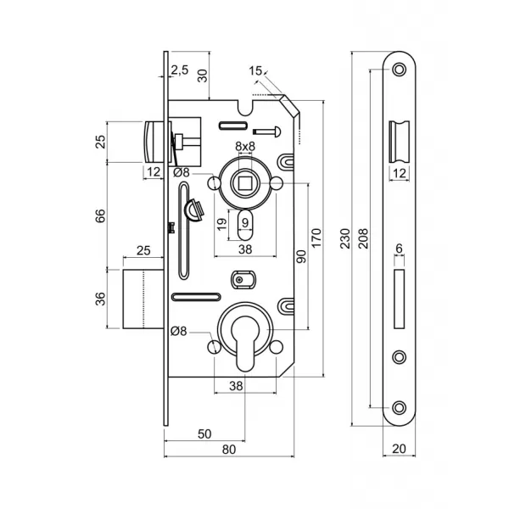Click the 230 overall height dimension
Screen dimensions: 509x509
click(x=345, y=238)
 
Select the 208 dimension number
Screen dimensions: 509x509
click(x=364, y=238)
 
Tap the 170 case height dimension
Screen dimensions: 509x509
click(x=316, y=238)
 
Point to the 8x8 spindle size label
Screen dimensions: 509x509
click(x=245, y=147)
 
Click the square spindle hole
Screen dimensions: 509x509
click(x=245, y=184)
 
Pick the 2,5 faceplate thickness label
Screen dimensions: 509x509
click(x=180, y=70)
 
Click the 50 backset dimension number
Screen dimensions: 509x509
click(x=204, y=434)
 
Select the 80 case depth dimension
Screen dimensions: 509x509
click(x=229, y=450)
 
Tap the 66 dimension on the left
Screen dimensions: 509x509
click(x=101, y=215)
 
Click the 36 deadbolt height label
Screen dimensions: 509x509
click(x=101, y=299)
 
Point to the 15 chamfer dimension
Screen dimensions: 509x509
click(x=255, y=70)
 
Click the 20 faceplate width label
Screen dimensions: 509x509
click(x=399, y=449)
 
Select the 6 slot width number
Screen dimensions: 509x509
click(x=399, y=249)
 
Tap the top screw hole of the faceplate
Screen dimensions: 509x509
click(x=399, y=70)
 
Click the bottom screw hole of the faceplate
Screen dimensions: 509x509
click(x=399, y=408)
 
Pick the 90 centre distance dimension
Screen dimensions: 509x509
click(x=301, y=256)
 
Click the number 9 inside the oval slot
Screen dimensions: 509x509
click(x=245, y=222)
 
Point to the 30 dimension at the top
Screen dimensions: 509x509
click(x=203, y=76)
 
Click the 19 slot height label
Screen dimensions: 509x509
click(x=222, y=224)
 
